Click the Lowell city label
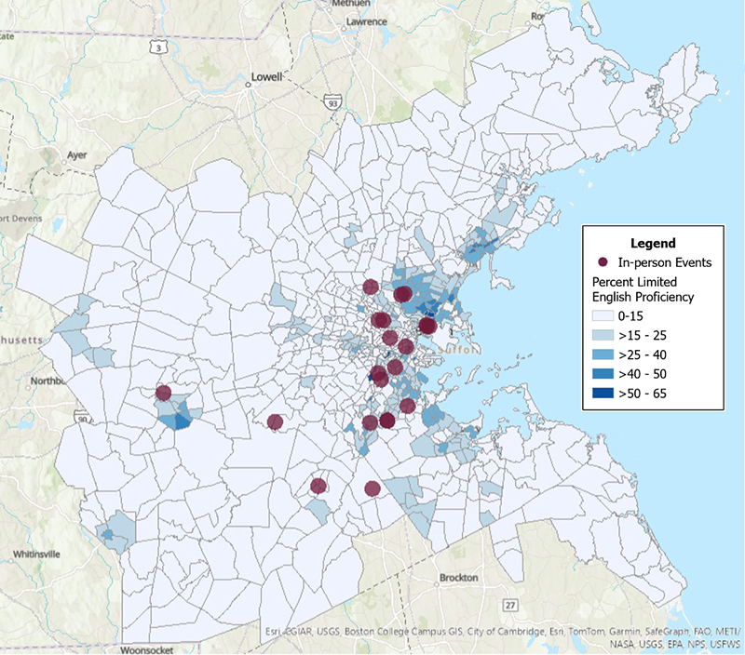265,77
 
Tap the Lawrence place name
366,20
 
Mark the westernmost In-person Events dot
164,393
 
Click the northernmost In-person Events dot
371,287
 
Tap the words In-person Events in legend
665,263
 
